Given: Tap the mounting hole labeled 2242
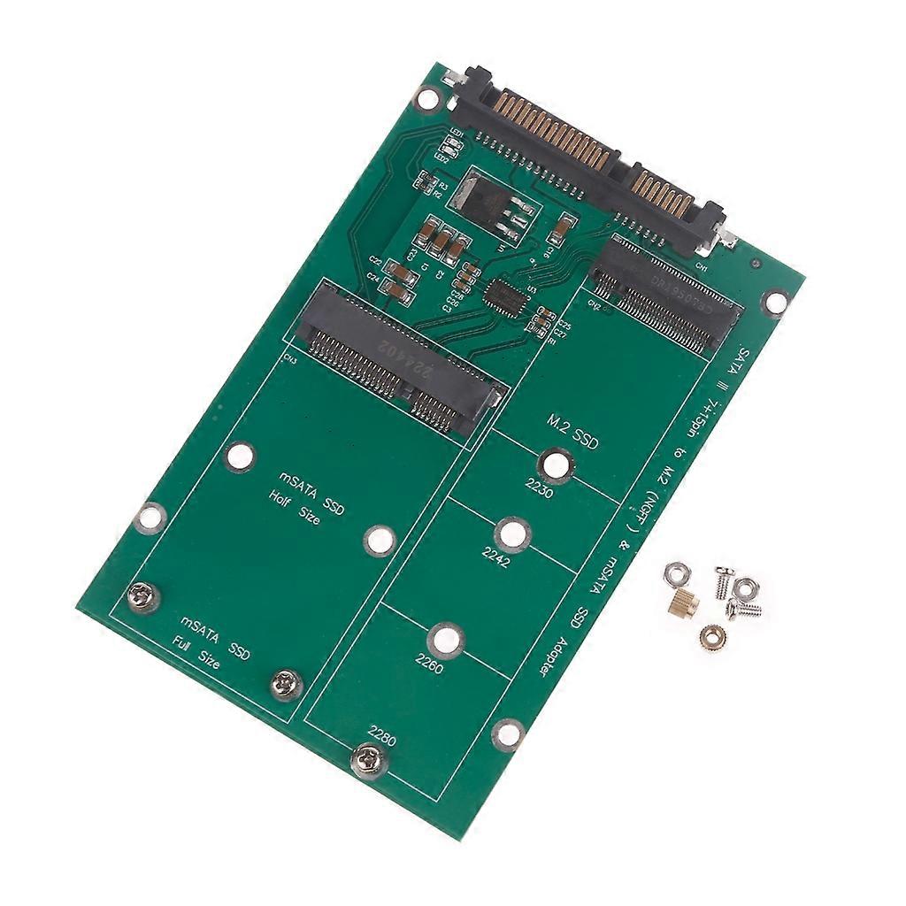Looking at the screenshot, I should coord(512,534).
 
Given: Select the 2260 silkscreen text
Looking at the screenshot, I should coord(429,663).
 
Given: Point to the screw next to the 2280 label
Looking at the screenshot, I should coord(369,760).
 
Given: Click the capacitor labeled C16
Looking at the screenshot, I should coord(558,233).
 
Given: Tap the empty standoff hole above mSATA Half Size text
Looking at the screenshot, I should coord(239,456).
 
